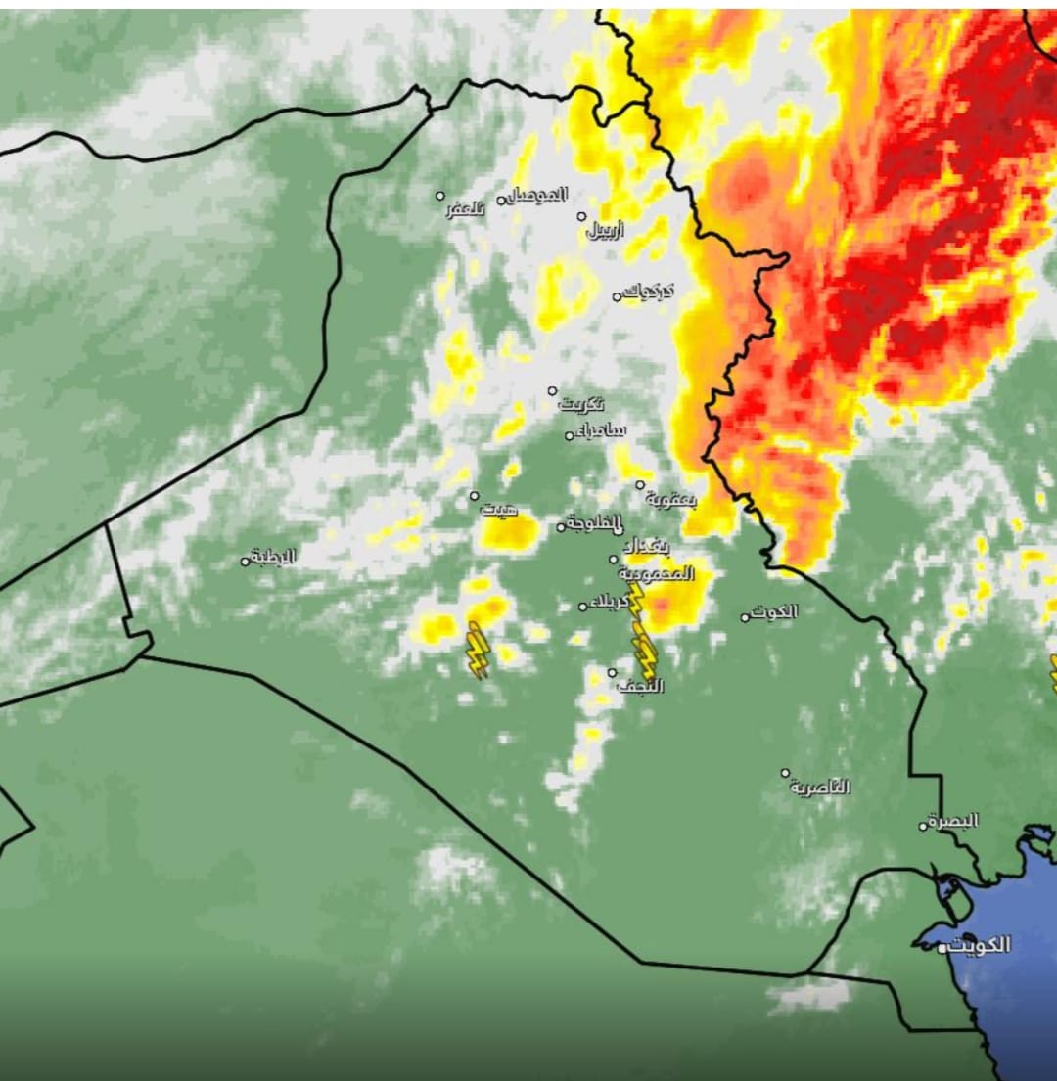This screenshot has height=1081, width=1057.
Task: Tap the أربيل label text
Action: pos(606,231)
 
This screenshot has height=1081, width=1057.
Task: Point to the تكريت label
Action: pos(582,403)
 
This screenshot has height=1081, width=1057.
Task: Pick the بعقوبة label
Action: pos(671,499)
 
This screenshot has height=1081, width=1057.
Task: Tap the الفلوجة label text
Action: pos(595,523)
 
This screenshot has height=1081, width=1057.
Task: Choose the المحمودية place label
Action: pos(657,573)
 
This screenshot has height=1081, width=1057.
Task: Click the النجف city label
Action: pos(641,686)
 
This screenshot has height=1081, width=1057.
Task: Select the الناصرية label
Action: pos(821,787)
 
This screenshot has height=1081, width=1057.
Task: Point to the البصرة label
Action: pos(953,821)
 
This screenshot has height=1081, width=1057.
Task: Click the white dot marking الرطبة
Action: pos(246,562)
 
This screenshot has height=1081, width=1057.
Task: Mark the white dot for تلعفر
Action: pos(440,196)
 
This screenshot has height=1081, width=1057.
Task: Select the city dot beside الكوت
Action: pos(745,617)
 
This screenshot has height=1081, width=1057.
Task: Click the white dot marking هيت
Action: pos(475,496)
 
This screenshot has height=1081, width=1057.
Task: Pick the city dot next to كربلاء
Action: pos(582,607)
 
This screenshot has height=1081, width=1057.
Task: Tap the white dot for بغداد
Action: pos(614,560)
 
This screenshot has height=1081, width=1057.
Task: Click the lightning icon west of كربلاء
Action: pos(477,650)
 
